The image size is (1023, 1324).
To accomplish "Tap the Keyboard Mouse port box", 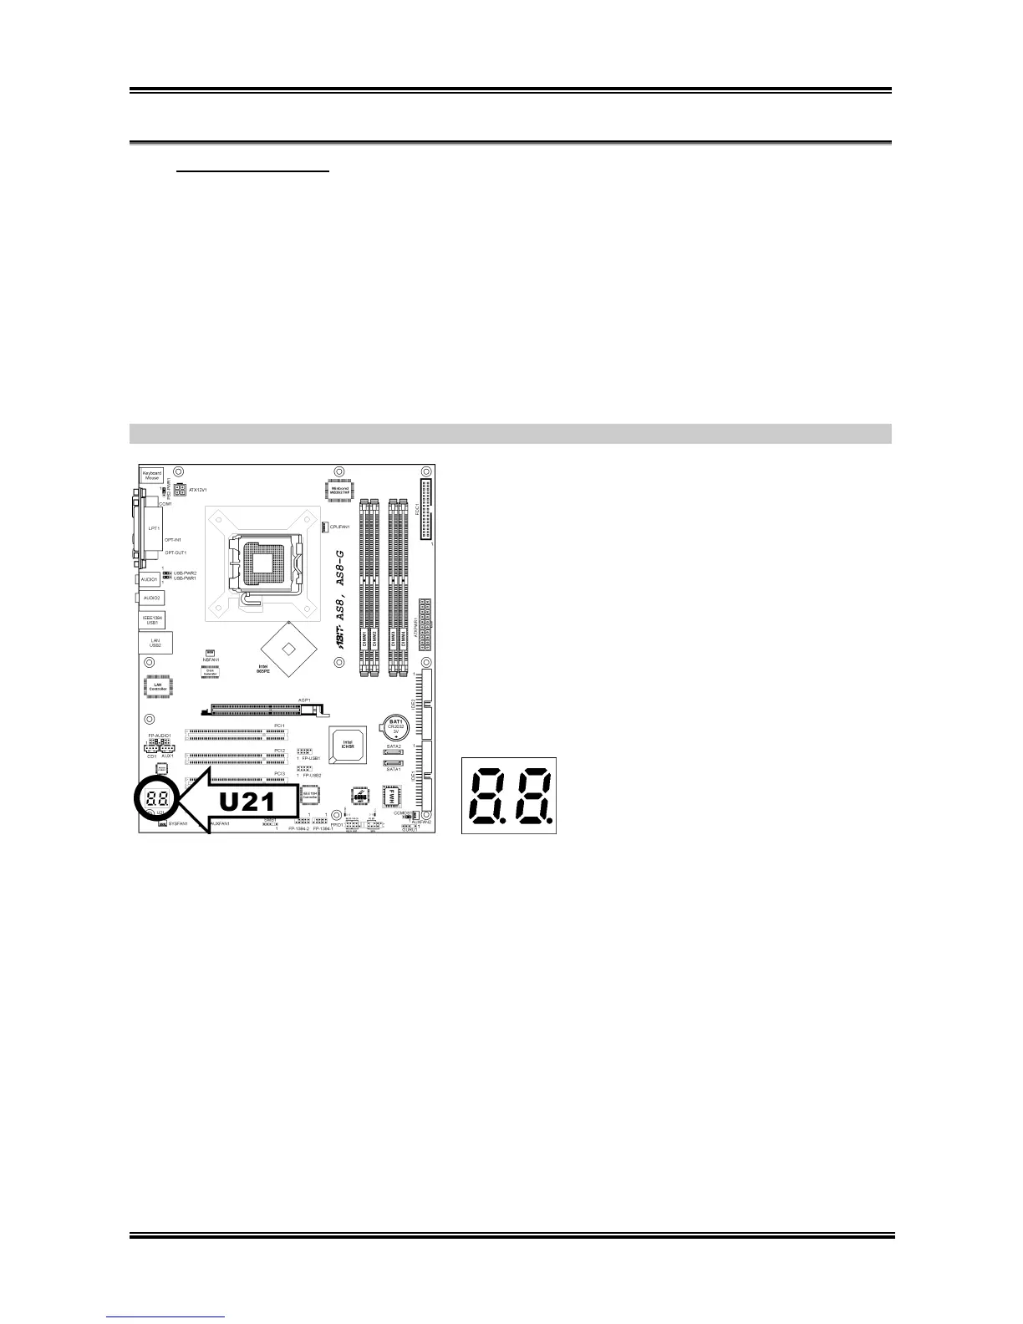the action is click(151, 475).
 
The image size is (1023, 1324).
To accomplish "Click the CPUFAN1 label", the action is click(339, 527).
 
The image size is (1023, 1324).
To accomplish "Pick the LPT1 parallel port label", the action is click(154, 528).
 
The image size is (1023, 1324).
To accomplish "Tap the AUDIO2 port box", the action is click(151, 598).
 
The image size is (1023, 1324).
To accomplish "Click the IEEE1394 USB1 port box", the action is click(152, 619).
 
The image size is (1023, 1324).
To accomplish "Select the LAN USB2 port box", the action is click(155, 643).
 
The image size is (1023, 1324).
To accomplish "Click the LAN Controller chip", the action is click(158, 686).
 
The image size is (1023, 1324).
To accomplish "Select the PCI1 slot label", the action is click(279, 726).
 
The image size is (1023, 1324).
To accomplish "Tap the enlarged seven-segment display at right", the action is click(508, 795).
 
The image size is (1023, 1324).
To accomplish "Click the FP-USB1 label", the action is click(311, 758).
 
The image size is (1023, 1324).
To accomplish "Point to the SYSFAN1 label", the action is click(177, 824).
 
